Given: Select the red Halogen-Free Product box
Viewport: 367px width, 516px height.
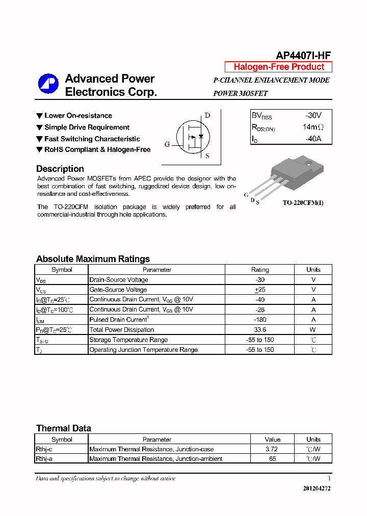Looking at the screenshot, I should pyautogui.click(x=278, y=67).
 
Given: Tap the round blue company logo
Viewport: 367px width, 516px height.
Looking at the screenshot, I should pyautogui.click(x=48, y=84).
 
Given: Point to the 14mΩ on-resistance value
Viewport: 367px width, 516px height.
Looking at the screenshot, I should pyautogui.click(x=313, y=127).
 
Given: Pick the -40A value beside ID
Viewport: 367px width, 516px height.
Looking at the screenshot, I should pyautogui.click(x=314, y=139).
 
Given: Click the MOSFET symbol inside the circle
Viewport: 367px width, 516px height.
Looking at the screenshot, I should pyautogui.click(x=193, y=137).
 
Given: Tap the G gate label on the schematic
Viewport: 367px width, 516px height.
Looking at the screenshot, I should pyautogui.click(x=167, y=144).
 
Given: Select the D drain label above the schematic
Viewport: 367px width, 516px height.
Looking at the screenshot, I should pyautogui.click(x=207, y=116).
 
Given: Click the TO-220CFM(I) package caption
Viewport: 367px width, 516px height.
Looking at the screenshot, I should pyautogui.click(x=303, y=202).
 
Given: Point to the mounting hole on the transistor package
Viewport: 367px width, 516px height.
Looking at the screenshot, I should pyautogui.click(x=308, y=164).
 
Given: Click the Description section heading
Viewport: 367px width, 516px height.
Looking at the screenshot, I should pyautogui.click(x=60, y=169).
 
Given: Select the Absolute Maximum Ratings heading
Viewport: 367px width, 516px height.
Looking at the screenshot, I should pyautogui.click(x=93, y=259).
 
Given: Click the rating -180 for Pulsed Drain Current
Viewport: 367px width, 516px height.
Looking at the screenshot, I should pyautogui.click(x=260, y=320).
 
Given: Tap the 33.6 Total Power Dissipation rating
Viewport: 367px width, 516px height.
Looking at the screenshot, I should pyautogui.click(x=260, y=330).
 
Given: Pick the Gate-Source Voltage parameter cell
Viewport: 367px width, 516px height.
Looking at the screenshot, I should pyautogui.click(x=118, y=290).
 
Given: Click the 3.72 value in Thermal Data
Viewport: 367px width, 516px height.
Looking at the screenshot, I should pyautogui.click(x=272, y=449).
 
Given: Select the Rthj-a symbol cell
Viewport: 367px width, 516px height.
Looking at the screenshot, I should pyautogui.click(x=44, y=459).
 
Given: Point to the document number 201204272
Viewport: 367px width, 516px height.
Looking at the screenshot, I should pyautogui.click(x=317, y=488).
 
